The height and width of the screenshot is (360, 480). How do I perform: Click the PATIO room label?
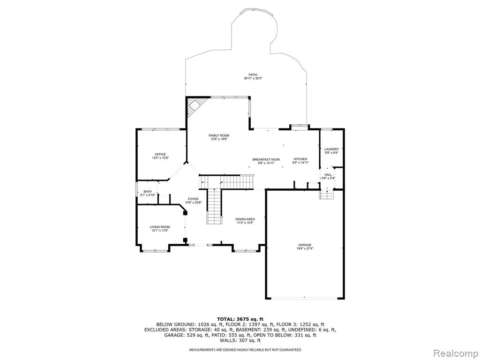[x=253, y=75]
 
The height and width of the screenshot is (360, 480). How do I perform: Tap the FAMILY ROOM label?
[x=219, y=135]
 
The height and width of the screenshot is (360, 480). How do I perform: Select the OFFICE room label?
[x=160, y=154]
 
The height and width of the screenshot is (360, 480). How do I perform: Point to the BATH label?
[x=148, y=192]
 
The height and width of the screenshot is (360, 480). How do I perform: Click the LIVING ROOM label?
[x=160, y=227]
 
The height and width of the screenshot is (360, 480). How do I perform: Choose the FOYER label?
[x=193, y=199]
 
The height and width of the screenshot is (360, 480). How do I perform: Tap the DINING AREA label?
[x=245, y=219]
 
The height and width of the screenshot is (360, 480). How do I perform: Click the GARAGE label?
[x=305, y=245]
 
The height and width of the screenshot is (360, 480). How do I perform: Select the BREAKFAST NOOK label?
[x=266, y=159]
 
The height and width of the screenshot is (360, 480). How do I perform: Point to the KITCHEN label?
[x=300, y=159]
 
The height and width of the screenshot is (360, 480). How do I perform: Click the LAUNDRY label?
[x=331, y=150]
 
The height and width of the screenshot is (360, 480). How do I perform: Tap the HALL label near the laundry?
[x=328, y=175]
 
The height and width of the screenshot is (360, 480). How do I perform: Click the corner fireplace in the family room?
[x=195, y=107]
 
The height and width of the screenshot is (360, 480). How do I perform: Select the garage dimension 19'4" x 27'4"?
[x=305, y=248]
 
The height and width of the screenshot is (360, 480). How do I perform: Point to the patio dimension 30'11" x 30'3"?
[x=253, y=78]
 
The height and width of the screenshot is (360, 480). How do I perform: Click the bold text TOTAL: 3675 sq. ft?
[x=240, y=319]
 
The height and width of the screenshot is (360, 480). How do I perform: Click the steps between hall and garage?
[x=326, y=195]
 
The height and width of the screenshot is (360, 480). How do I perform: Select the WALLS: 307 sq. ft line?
[x=240, y=340]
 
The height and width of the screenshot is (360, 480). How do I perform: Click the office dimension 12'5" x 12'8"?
[x=160, y=158]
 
